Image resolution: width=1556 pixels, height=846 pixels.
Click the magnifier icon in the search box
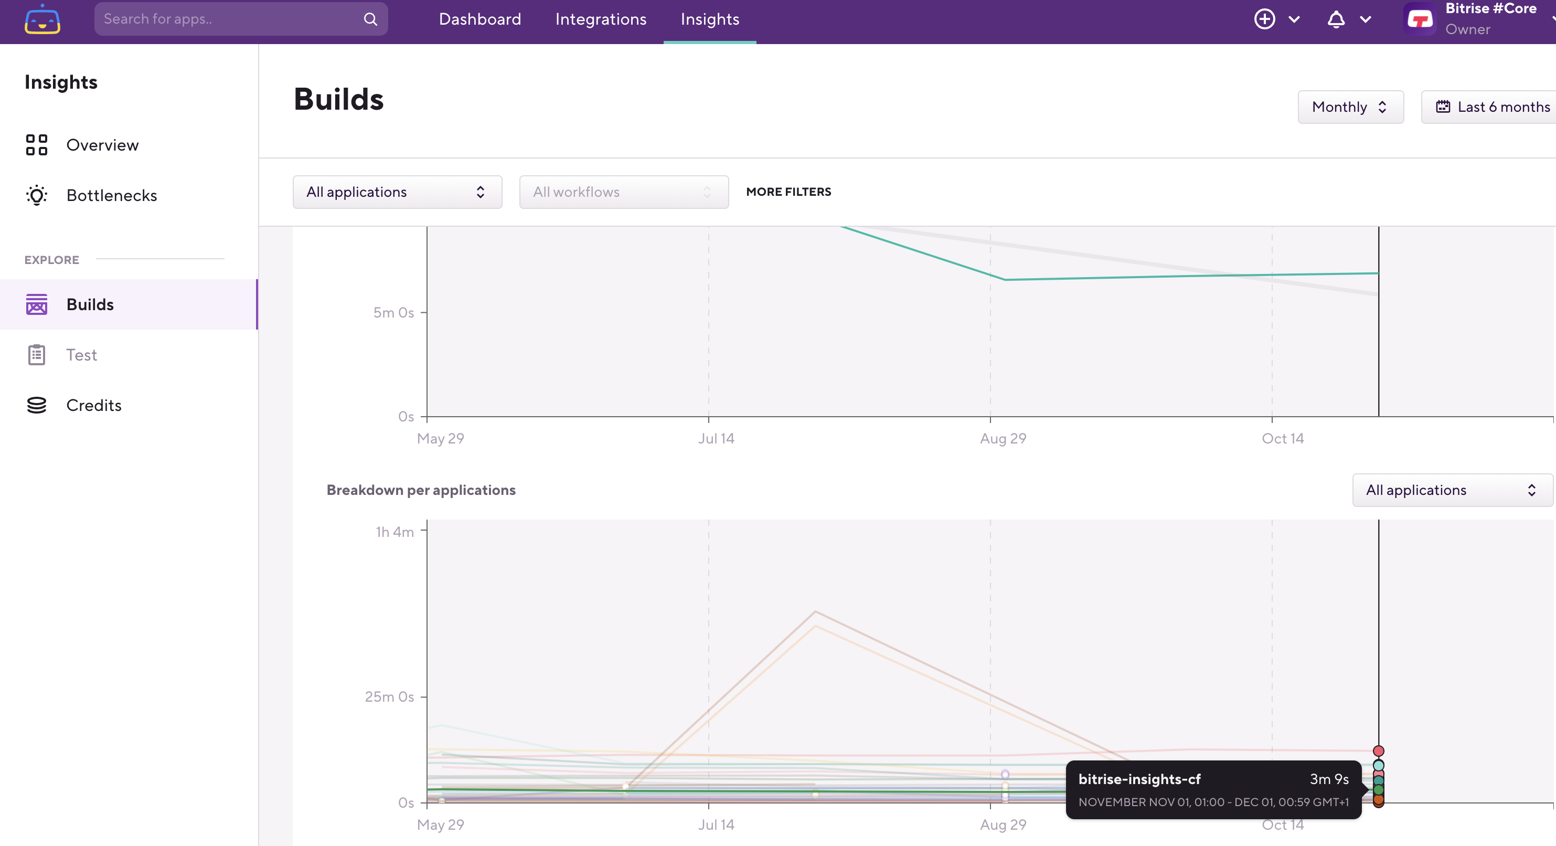coord(370,19)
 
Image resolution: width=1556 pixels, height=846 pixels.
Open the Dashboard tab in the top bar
coord(479,19)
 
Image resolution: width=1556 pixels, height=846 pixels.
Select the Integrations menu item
coord(600,19)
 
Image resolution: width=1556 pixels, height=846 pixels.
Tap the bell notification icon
coord(1336,19)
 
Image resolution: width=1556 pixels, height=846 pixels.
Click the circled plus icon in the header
coord(1264,19)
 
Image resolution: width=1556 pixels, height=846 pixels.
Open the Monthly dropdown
coord(1350,107)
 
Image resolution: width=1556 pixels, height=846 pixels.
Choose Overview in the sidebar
coord(102,145)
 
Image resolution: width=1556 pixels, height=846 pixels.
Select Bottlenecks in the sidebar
coord(111,195)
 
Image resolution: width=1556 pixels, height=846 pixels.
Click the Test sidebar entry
coord(81,355)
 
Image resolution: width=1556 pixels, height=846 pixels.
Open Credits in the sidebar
coord(93,405)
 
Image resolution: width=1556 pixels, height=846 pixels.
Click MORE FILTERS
coord(788,192)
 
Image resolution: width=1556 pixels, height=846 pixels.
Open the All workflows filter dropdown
coord(623,192)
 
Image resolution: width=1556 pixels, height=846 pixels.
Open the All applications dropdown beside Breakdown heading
coord(1452,490)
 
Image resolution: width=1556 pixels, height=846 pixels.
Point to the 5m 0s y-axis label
coord(393,312)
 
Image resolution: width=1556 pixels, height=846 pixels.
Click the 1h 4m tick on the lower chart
coord(395,532)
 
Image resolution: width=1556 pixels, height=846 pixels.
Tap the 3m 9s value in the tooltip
coord(1329,779)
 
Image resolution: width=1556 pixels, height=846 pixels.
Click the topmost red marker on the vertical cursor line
coord(1378,751)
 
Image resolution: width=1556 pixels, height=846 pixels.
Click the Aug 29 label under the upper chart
coord(1003,439)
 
